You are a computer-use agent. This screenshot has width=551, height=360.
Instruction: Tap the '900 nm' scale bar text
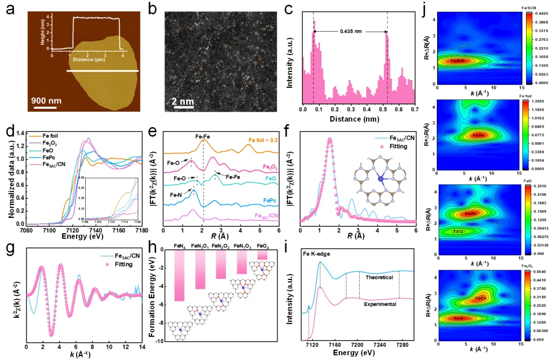[x=47, y=100]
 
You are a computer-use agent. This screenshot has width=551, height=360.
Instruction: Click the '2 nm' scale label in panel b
[x=182, y=101]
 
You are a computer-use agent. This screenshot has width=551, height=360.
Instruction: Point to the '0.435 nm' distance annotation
[x=350, y=32]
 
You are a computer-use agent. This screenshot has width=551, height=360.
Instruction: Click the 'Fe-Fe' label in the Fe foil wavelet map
[x=478, y=135]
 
